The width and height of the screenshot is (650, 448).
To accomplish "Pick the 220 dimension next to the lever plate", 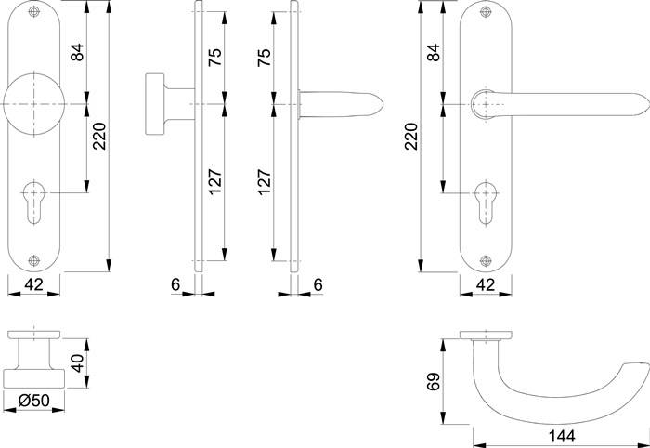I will tap(412, 138).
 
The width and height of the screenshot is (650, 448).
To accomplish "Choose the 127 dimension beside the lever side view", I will tap(265, 183).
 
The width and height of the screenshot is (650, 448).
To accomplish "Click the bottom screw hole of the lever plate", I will tap(483, 260).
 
